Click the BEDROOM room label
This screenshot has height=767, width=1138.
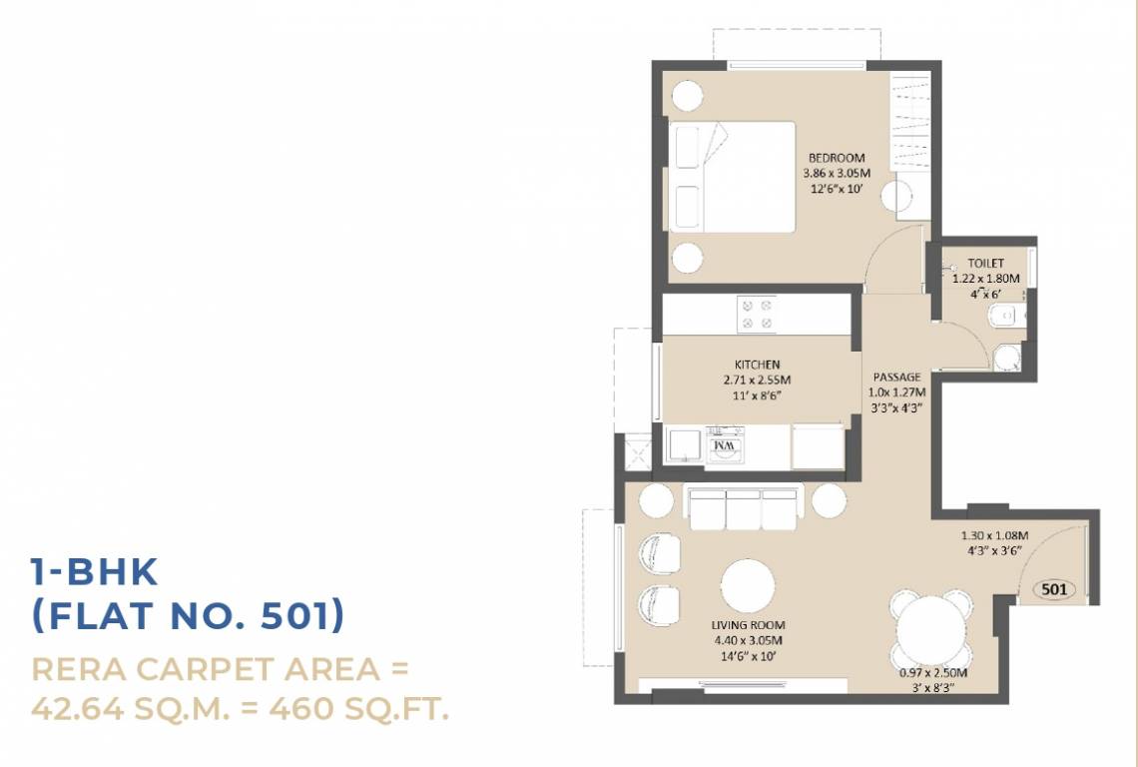point(836,158)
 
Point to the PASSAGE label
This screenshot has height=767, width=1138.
point(896,378)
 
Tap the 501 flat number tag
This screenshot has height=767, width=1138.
point(1054,589)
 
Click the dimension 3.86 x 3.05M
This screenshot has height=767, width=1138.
point(836,173)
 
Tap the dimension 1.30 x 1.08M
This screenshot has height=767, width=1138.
point(994,536)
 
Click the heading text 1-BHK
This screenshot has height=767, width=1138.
point(94,572)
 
